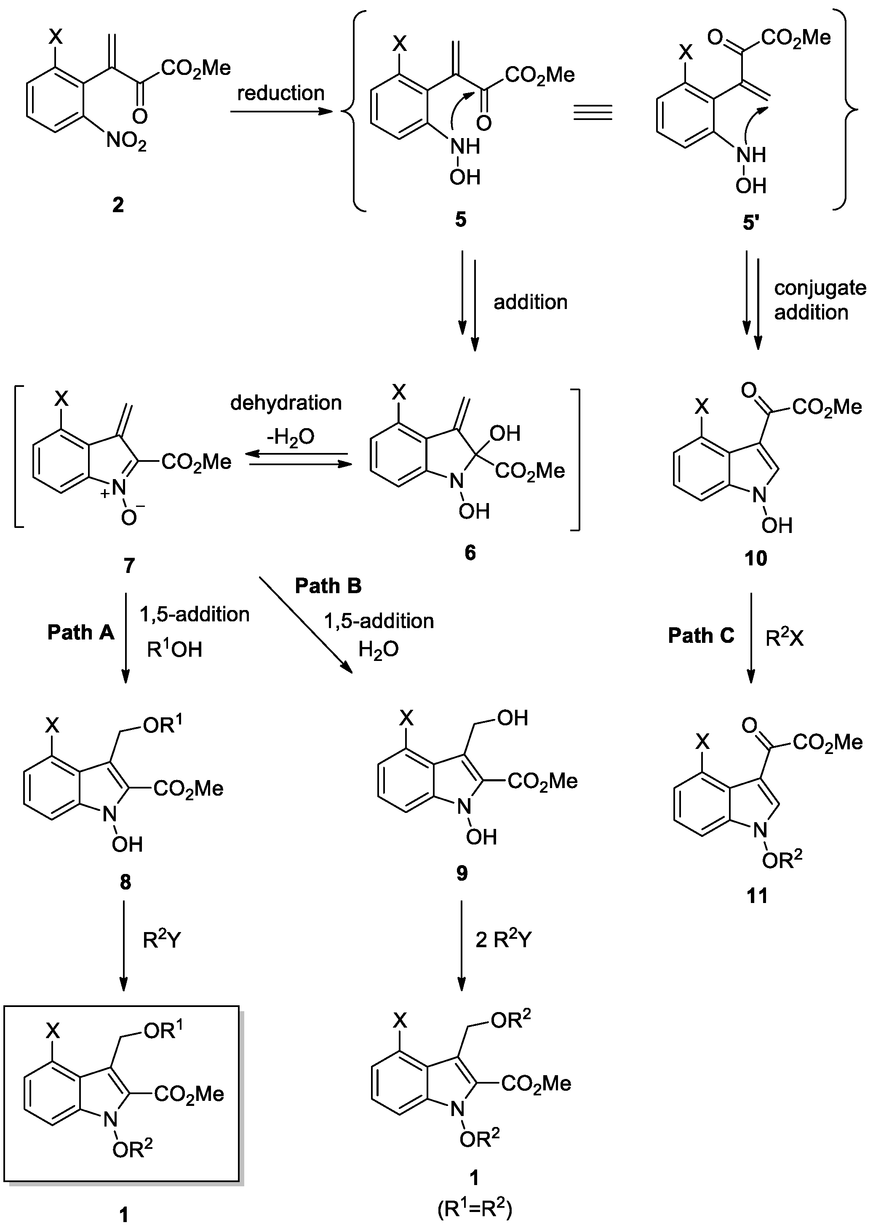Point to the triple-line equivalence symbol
[x=593, y=112]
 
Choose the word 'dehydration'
[x=286, y=402]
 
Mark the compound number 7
[x=129, y=565]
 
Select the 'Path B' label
[x=328, y=585]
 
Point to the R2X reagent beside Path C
[x=784, y=638]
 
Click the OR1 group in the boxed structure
[x=163, y=1030]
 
